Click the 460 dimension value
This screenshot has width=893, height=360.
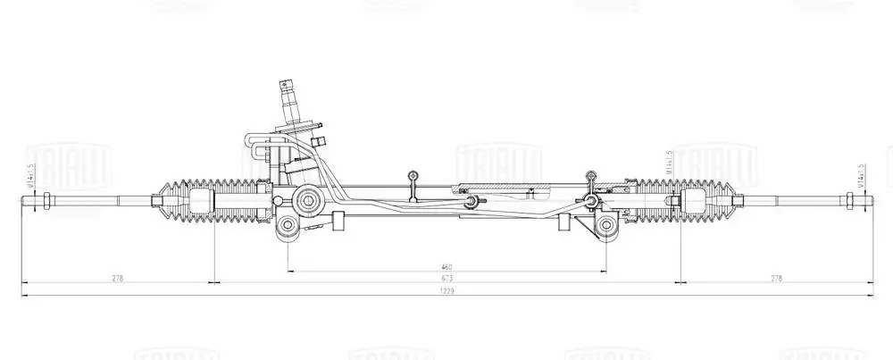click(446, 266)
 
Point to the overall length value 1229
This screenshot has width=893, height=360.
click(446, 290)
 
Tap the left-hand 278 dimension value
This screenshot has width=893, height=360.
click(117, 278)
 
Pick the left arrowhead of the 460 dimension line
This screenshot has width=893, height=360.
click(290, 271)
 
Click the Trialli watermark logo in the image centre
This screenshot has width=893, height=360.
click(487, 162)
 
